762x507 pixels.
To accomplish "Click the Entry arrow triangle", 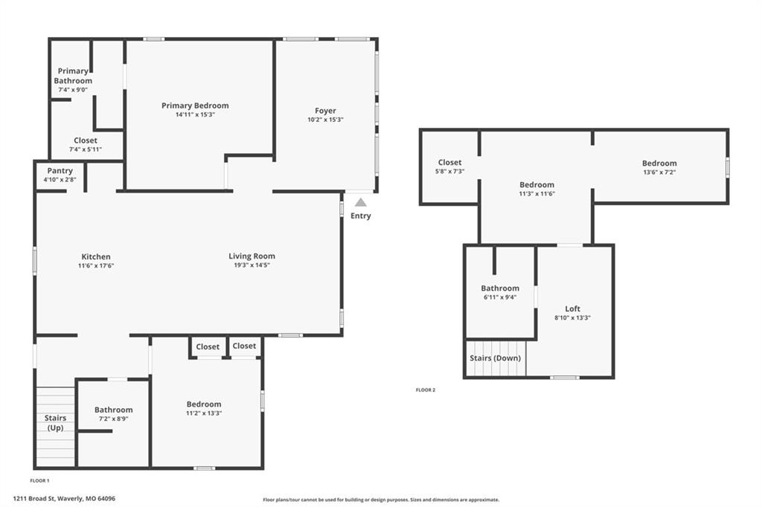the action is (x=361, y=202).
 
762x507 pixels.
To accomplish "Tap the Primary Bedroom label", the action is (x=195, y=106).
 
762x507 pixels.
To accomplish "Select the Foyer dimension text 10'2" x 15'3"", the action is (x=325, y=120).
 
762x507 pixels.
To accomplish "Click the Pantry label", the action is (x=60, y=170).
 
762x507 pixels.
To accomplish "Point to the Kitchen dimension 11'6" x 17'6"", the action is (x=96, y=265).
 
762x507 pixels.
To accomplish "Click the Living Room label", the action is (x=252, y=256).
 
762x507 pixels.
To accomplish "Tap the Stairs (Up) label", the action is (x=55, y=422).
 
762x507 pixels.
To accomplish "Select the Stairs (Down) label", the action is (x=495, y=358).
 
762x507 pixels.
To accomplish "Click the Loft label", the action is (x=572, y=309).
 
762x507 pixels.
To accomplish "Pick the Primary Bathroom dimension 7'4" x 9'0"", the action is (x=73, y=90).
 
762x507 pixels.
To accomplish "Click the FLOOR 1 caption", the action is (x=40, y=481).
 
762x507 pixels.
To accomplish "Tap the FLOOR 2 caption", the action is (x=426, y=390).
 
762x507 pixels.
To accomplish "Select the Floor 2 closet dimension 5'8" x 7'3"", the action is (x=449, y=172).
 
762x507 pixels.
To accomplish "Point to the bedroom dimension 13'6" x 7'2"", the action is (x=659, y=172).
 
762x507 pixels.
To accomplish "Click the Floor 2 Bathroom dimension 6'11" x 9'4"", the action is (x=500, y=297).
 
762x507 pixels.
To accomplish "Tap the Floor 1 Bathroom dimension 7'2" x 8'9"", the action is (x=113, y=419).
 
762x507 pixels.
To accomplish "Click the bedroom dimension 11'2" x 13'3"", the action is (x=204, y=413).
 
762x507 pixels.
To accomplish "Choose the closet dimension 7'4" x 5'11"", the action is (x=86, y=149).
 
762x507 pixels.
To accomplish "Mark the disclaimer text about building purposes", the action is (x=381, y=500).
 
